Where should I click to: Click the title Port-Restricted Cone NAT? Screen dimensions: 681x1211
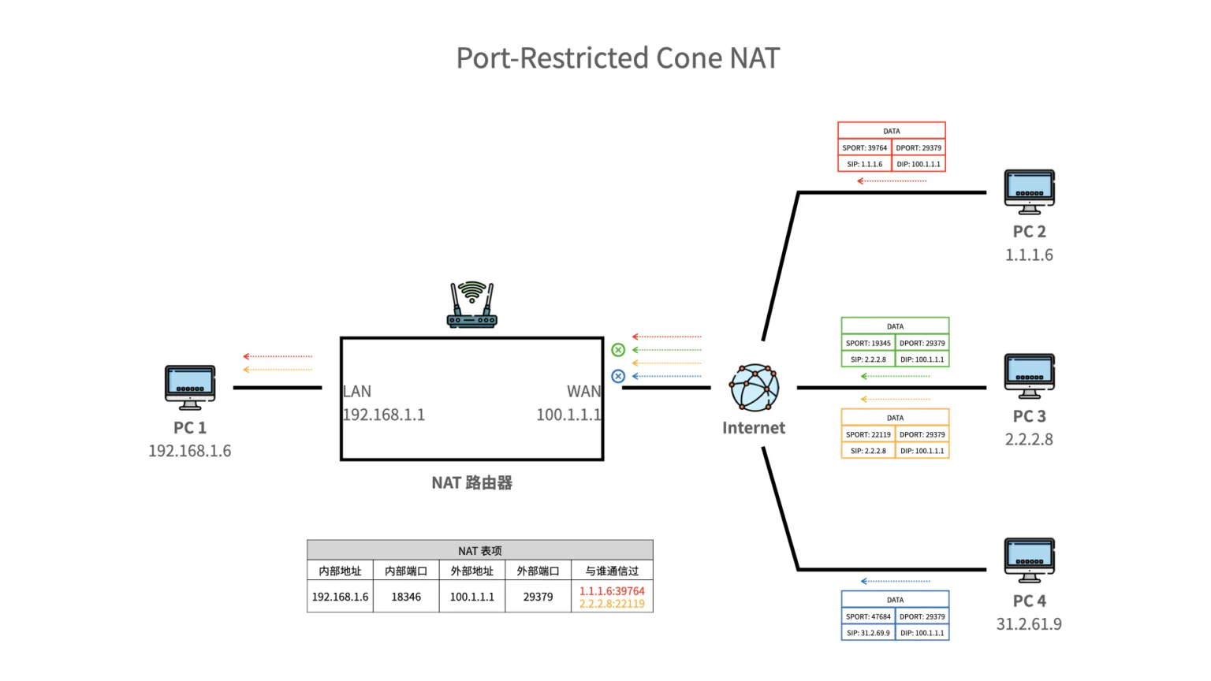[617, 58]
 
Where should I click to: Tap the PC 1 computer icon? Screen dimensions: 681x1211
[190, 386]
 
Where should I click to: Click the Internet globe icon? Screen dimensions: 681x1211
[754, 387]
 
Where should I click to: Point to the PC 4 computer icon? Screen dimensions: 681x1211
[1029, 560]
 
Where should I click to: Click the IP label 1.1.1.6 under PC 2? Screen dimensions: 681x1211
[1029, 255]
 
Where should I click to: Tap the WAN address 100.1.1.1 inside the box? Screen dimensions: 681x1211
[568, 415]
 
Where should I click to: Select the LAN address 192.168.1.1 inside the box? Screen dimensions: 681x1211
[384, 415]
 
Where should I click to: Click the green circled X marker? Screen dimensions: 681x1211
[618, 350]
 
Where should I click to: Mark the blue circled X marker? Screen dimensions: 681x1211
[618, 377]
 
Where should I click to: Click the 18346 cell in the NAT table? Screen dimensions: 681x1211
[406, 597]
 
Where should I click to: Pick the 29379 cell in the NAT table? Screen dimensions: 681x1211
[538, 597]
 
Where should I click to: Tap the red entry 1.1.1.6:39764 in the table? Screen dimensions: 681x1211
[612, 591]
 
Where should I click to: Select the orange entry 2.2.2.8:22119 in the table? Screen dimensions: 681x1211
[612, 604]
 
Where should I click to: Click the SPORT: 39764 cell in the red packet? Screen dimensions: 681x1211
[864, 147]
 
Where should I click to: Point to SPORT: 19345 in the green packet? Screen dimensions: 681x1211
[868, 343]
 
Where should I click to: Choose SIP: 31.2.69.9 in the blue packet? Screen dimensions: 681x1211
[868, 633]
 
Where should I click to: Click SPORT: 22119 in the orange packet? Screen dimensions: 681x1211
[868, 434]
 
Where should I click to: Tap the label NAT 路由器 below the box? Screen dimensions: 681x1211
[471, 482]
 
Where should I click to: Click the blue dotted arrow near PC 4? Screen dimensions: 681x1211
[895, 581]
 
